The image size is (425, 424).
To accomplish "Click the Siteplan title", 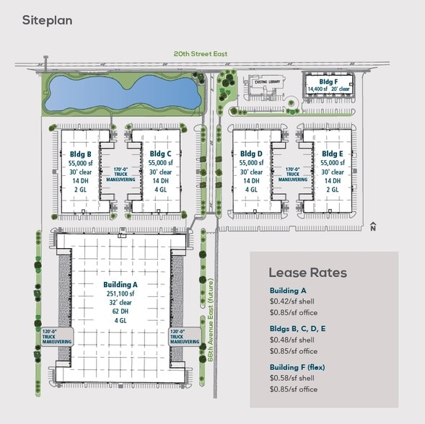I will (47, 20).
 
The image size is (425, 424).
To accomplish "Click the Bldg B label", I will (79, 154).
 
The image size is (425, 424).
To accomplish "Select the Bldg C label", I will (160, 154).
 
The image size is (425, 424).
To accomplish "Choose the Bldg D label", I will (250, 154).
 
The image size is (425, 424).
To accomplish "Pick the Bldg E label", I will (332, 154).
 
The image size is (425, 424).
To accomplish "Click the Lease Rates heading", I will (307, 273).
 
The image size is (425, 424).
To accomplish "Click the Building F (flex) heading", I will (297, 367).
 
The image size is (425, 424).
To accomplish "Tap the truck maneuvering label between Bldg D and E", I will (292, 175).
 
